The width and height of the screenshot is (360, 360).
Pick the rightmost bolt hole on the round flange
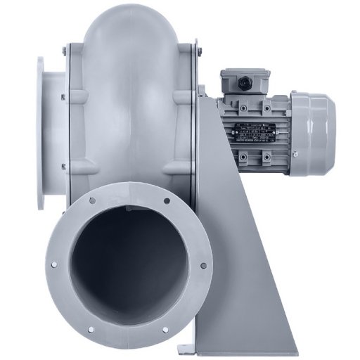pyautogui.click(x=204, y=265)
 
